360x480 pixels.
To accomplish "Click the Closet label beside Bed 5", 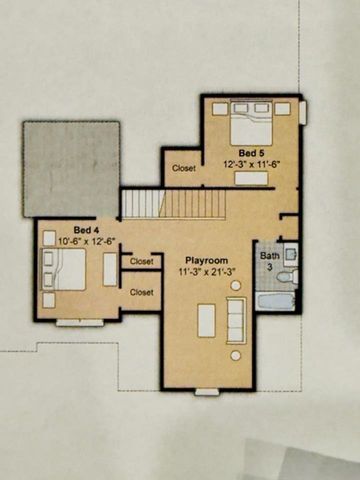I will pyautogui.click(x=184, y=168).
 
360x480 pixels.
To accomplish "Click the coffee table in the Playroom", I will pyautogui.click(x=206, y=320).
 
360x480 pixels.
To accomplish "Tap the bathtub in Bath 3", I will pyautogui.click(x=275, y=300).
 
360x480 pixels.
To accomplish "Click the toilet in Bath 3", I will pyautogui.click(x=288, y=275).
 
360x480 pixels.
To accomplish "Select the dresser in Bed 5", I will pyautogui.click(x=253, y=178).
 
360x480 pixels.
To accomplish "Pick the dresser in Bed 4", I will pyautogui.click(x=110, y=269).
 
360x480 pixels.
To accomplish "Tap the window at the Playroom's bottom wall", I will pyautogui.click(x=206, y=391).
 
